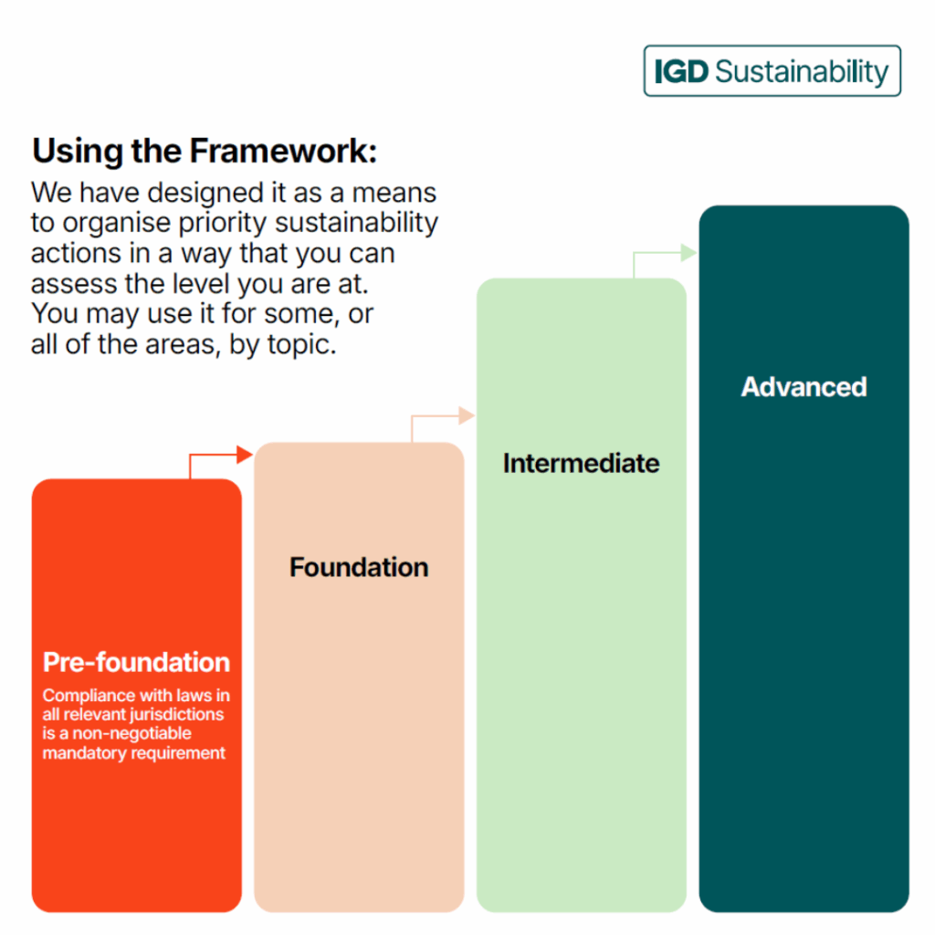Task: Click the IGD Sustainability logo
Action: click(772, 71)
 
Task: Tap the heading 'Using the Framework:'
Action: click(205, 151)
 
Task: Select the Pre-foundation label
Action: click(137, 663)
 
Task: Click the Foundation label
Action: click(359, 567)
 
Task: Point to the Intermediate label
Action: click(582, 463)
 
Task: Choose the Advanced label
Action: click(804, 387)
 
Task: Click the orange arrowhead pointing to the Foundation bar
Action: click(245, 455)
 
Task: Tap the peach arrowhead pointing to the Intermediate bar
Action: click(467, 415)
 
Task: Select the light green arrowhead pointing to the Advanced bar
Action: click(688, 252)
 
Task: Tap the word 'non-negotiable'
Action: click(131, 733)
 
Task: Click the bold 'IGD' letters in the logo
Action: click(681, 71)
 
